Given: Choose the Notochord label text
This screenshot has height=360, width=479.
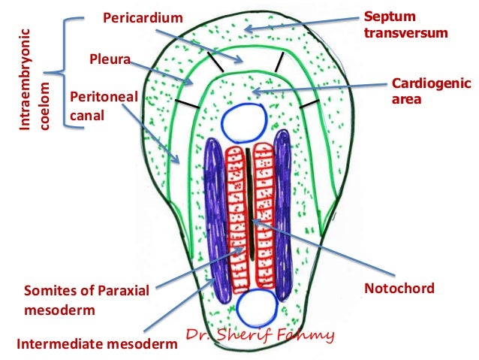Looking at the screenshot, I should point(399,288).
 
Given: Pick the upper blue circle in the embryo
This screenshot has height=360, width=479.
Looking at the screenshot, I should point(245,120).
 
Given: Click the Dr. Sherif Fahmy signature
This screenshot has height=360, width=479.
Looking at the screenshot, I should point(259,335).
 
